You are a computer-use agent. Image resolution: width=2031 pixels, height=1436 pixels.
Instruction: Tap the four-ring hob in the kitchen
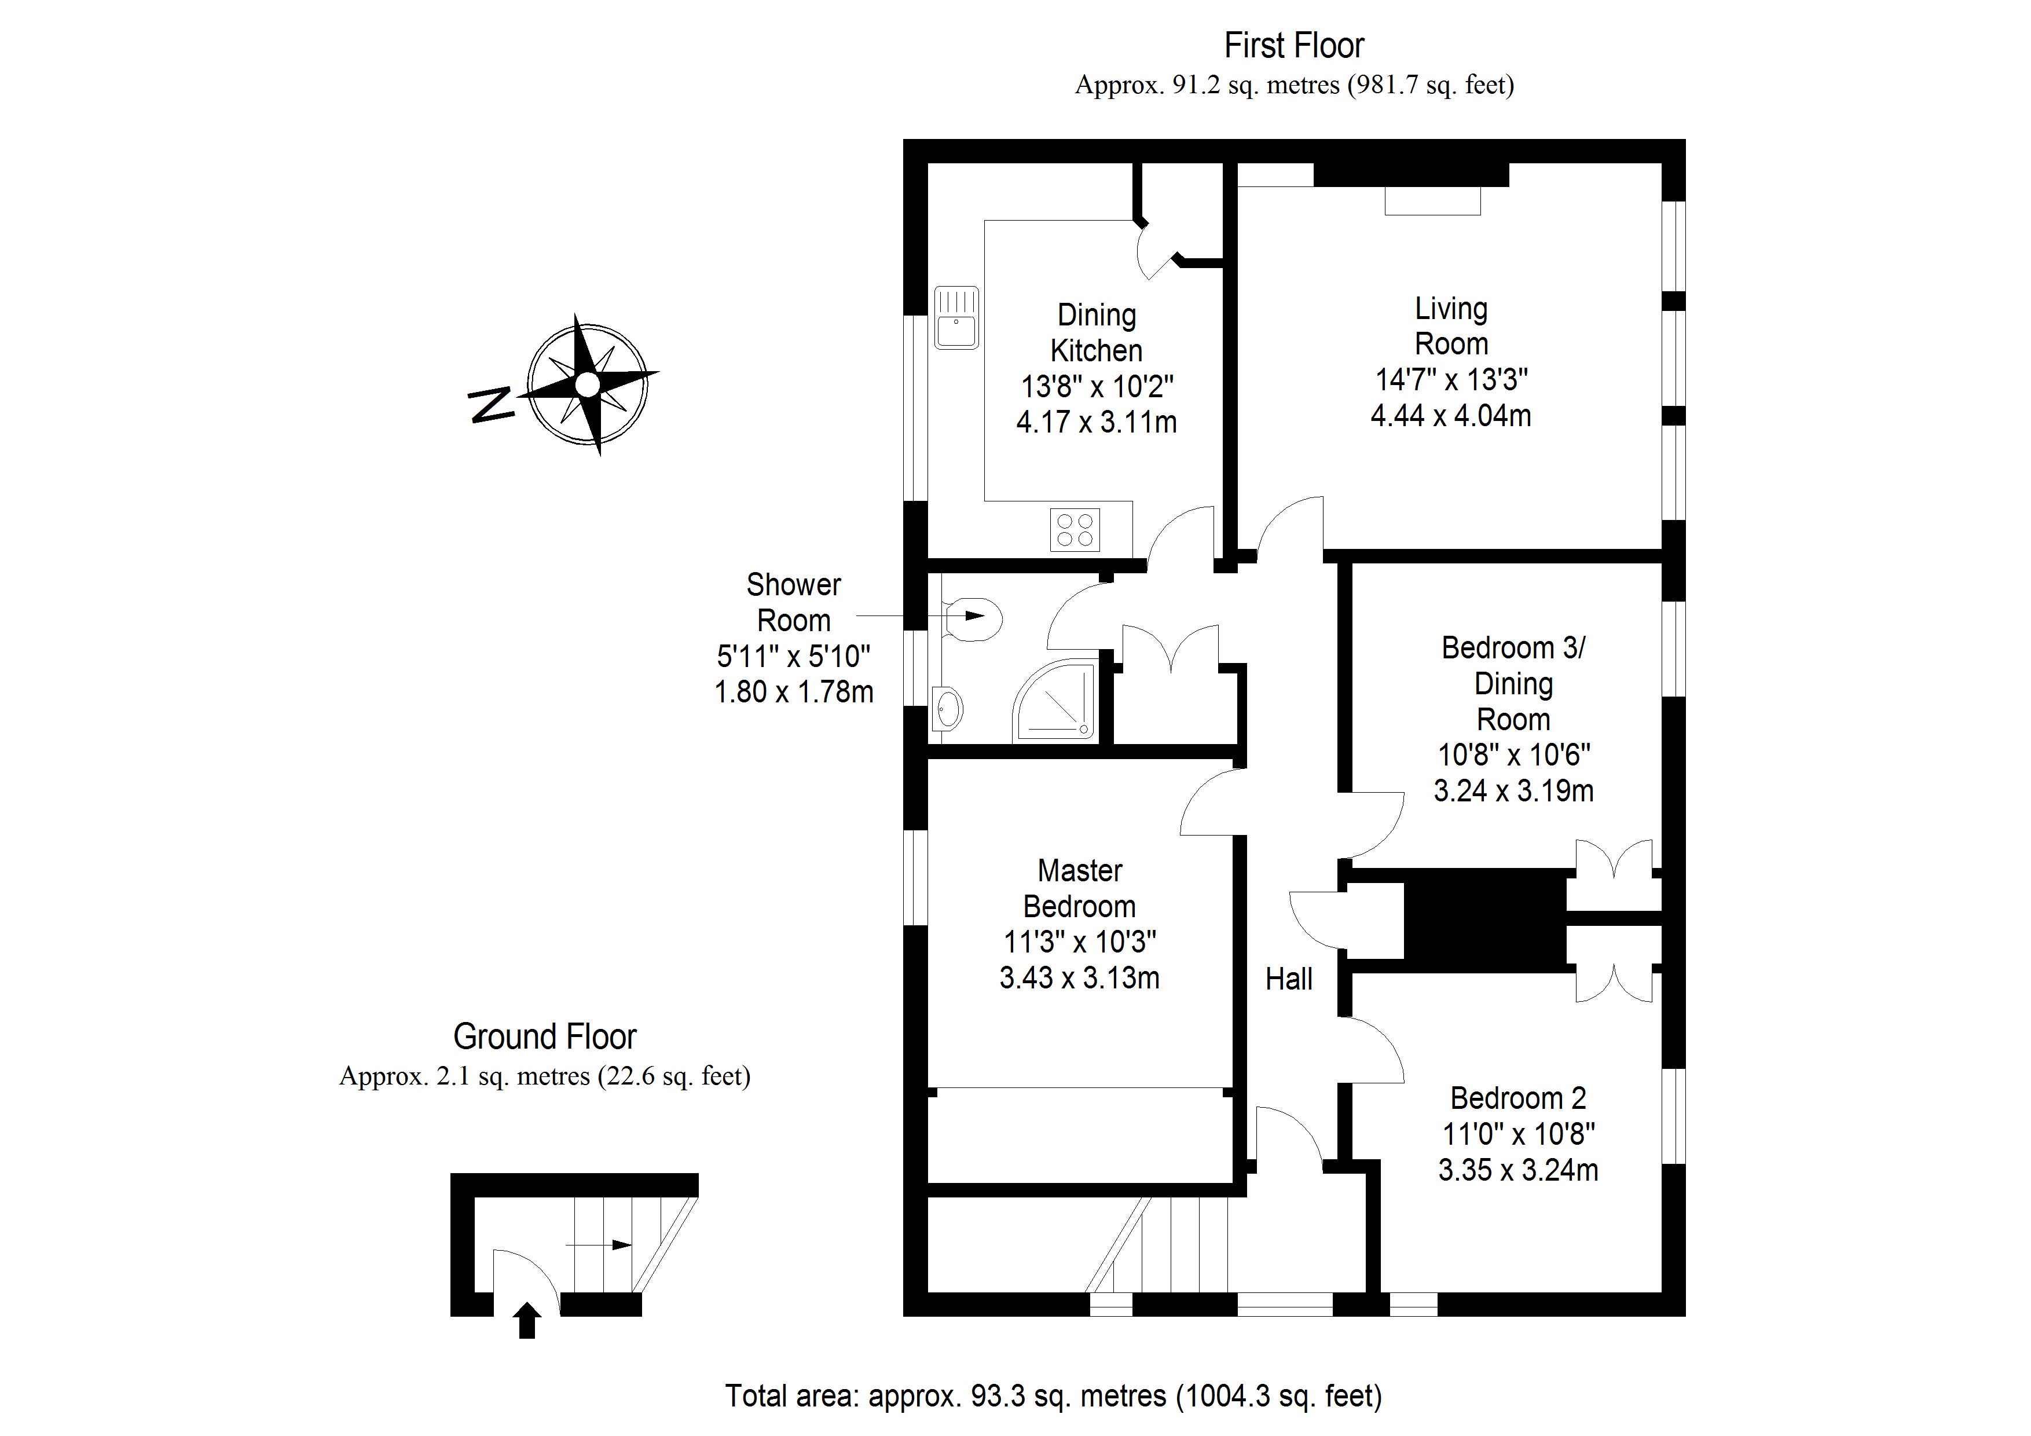click(x=1075, y=530)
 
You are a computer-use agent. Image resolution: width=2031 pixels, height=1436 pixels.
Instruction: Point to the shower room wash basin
click(x=947, y=708)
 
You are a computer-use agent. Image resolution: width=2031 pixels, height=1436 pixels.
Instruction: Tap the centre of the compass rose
click(x=588, y=385)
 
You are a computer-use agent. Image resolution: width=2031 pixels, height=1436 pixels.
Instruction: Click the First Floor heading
click(x=1294, y=45)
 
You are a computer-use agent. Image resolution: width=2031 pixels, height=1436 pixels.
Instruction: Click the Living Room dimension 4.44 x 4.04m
click(x=1451, y=416)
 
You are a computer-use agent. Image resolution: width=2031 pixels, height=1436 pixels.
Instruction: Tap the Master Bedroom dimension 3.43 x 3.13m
click(x=1079, y=977)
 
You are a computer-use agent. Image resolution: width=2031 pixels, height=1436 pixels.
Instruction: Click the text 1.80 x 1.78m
click(x=794, y=692)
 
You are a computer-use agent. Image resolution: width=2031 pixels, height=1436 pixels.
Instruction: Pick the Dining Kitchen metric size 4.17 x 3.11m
click(x=1096, y=422)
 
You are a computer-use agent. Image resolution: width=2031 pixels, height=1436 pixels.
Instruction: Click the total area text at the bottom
click(x=1053, y=1395)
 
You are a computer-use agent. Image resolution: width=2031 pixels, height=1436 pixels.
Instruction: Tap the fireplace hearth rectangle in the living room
click(x=1432, y=201)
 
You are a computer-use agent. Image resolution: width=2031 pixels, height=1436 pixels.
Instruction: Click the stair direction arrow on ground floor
click(x=598, y=1245)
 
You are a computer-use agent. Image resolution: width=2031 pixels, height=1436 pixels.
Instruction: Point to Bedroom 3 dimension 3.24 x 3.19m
click(x=1513, y=790)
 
